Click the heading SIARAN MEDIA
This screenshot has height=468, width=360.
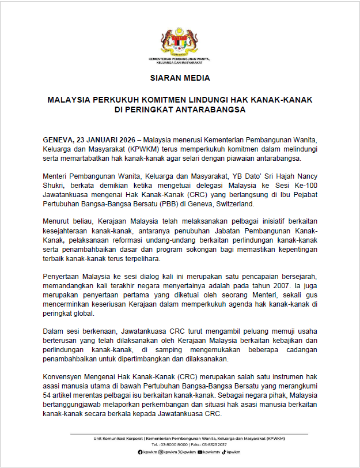(180, 77)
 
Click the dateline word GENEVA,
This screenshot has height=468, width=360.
(59, 141)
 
